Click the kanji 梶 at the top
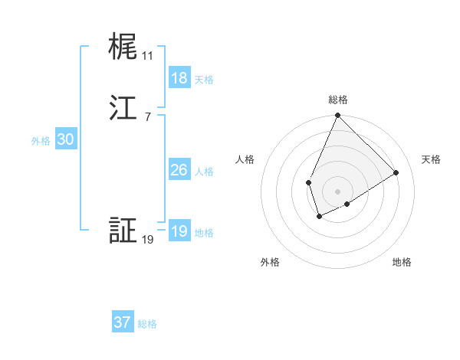pyautogui.click(x=122, y=47)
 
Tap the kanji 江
pyautogui.click(x=122, y=108)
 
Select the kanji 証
pyautogui.click(x=122, y=231)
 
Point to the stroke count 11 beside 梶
pyautogui.click(x=147, y=56)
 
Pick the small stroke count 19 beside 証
pyautogui.click(x=147, y=240)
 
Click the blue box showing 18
pyautogui.click(x=179, y=77)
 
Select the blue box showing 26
pyautogui.click(x=179, y=170)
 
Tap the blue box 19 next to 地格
pyautogui.click(x=179, y=231)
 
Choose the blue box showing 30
pyautogui.click(x=66, y=139)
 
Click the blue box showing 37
pyautogui.click(x=123, y=322)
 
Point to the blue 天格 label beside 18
pyautogui.click(x=204, y=79)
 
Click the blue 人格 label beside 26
pyautogui.click(x=204, y=172)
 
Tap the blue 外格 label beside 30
pyautogui.click(x=41, y=141)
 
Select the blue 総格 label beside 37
pyautogui.click(x=147, y=324)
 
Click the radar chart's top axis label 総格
pyautogui.click(x=338, y=100)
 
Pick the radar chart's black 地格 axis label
pyautogui.click(x=402, y=263)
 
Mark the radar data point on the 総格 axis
pyautogui.click(x=338, y=116)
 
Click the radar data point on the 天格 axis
pyautogui.click(x=396, y=173)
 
